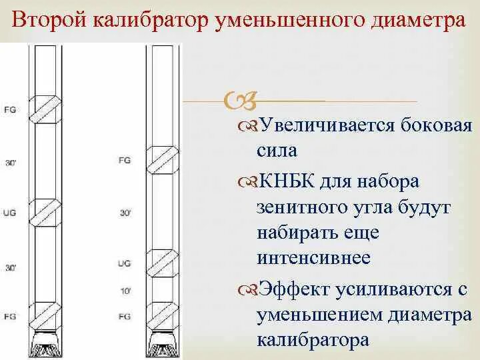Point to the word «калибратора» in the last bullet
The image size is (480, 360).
[313, 340]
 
